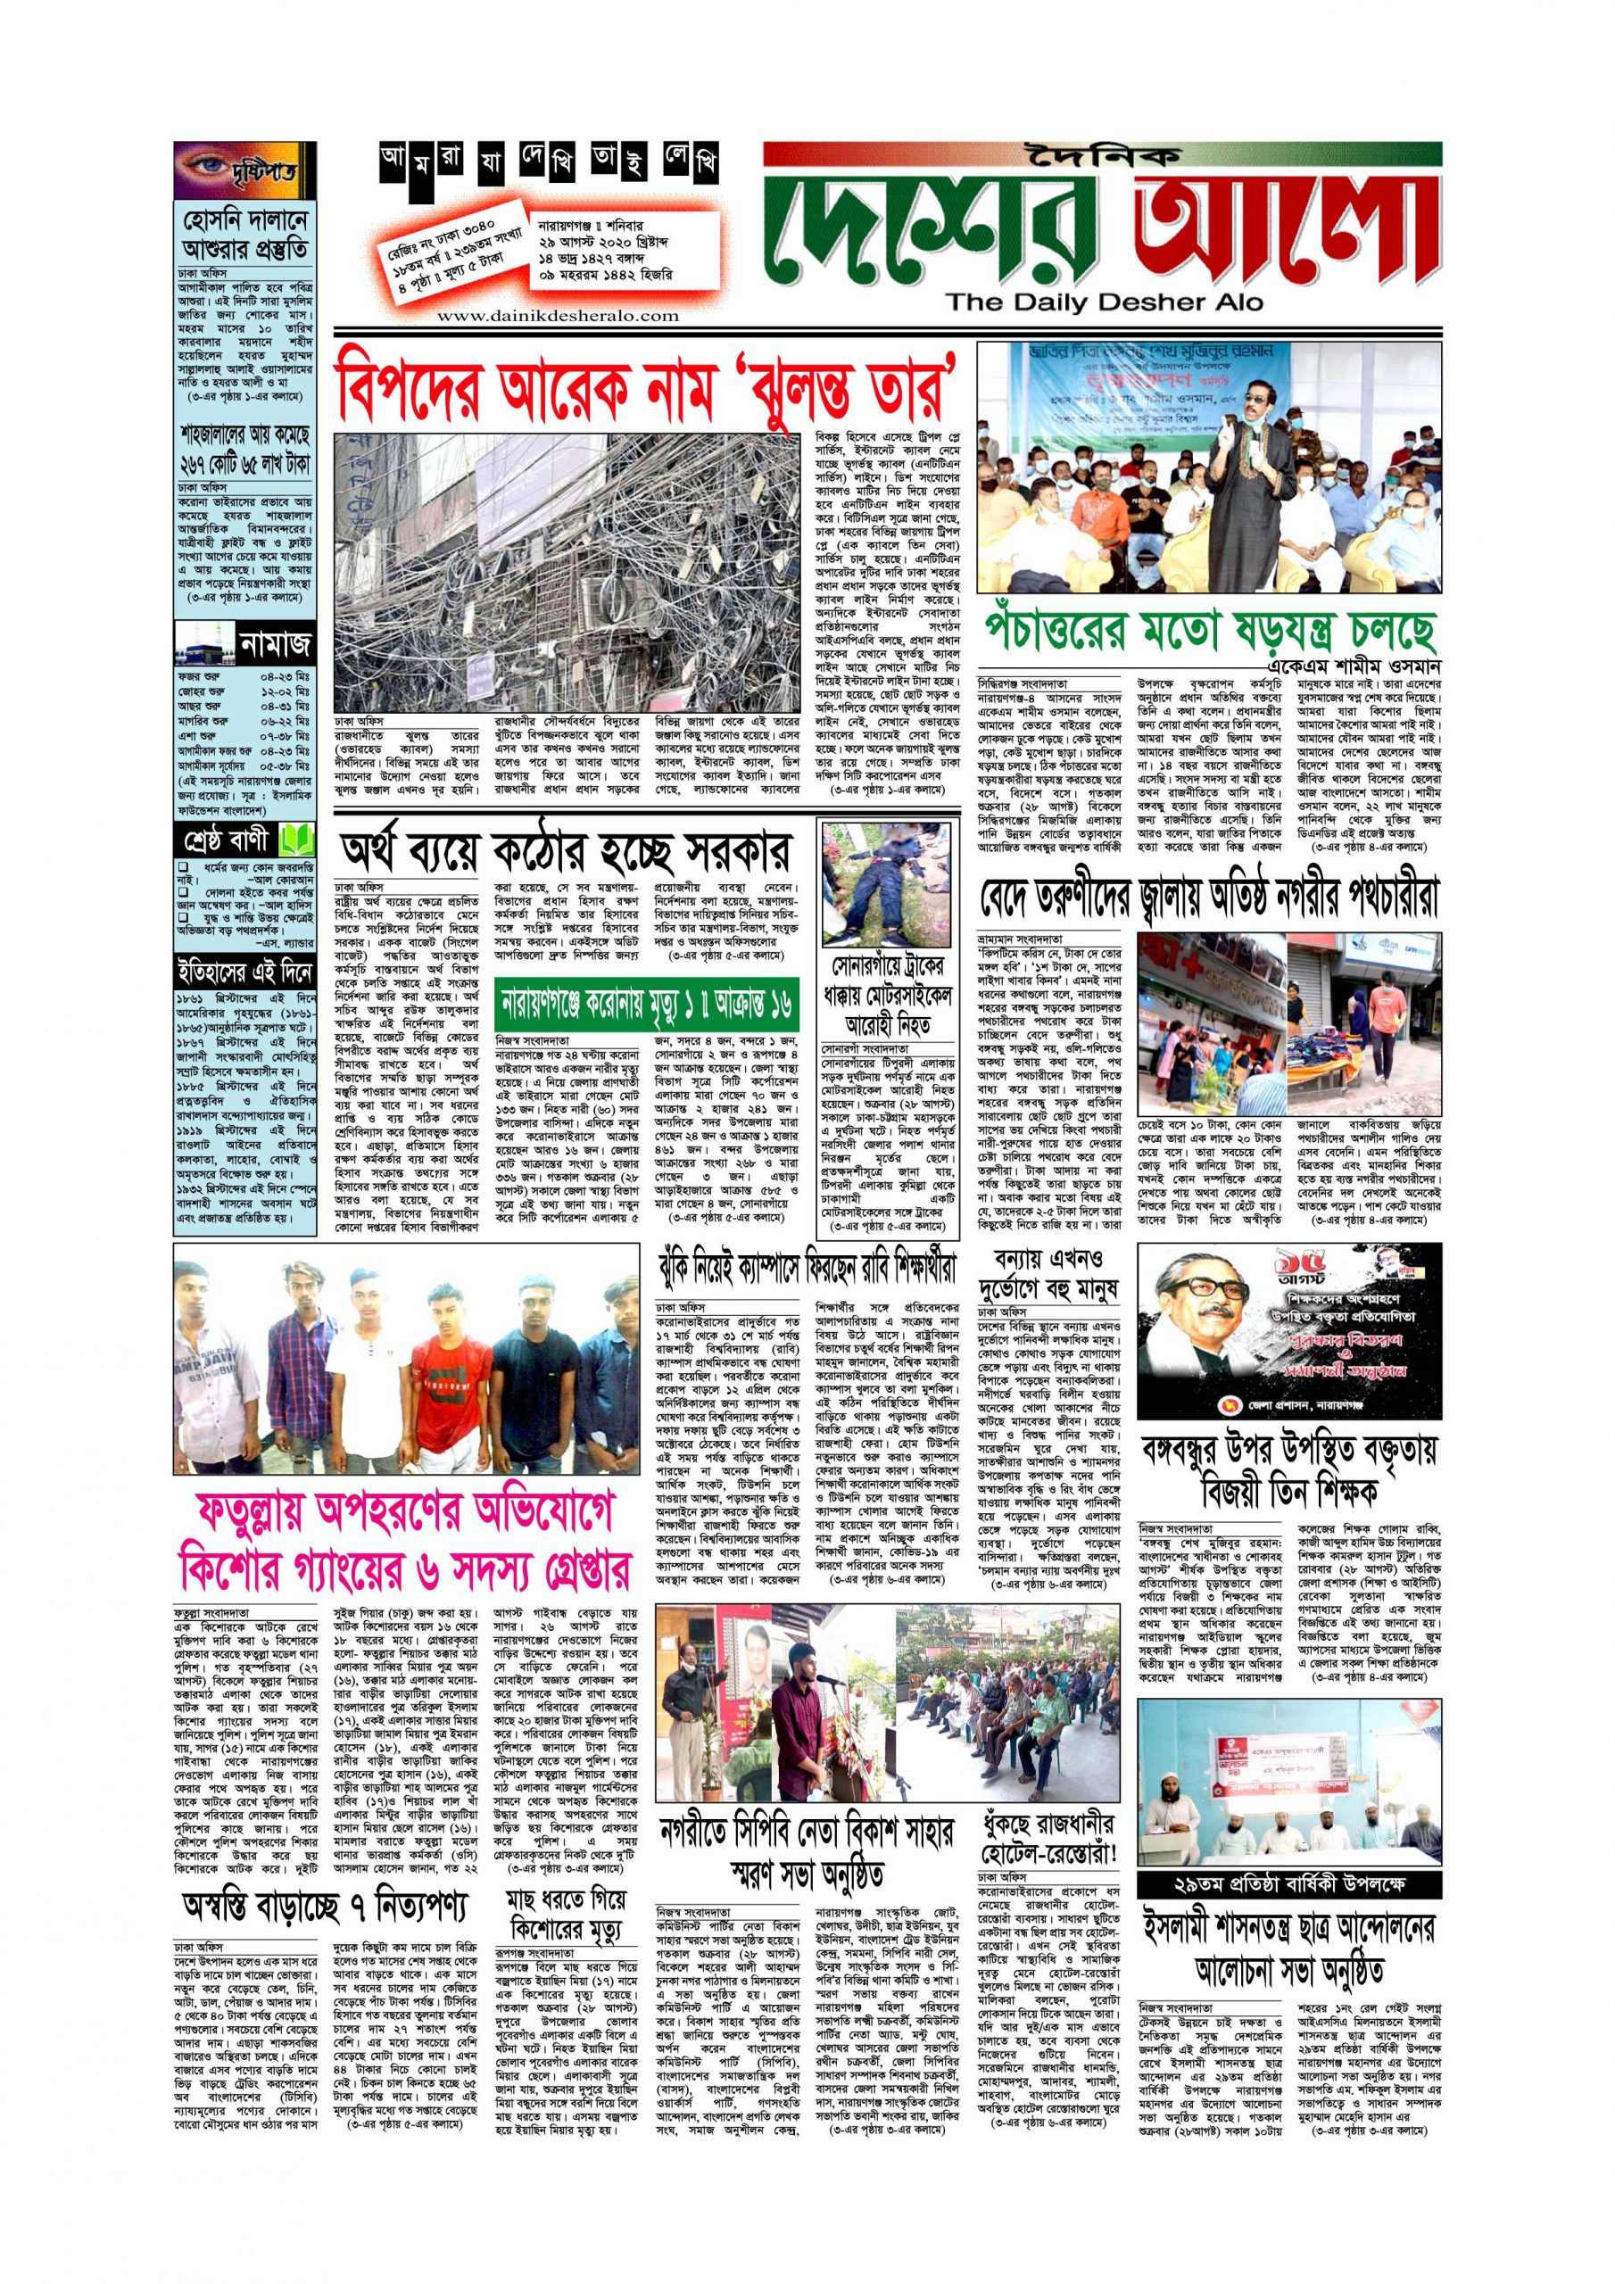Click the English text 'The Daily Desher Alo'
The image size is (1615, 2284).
tap(1104, 302)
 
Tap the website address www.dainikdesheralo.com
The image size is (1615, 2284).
tap(558, 315)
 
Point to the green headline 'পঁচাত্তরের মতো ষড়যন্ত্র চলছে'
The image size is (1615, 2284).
tap(1210, 629)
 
